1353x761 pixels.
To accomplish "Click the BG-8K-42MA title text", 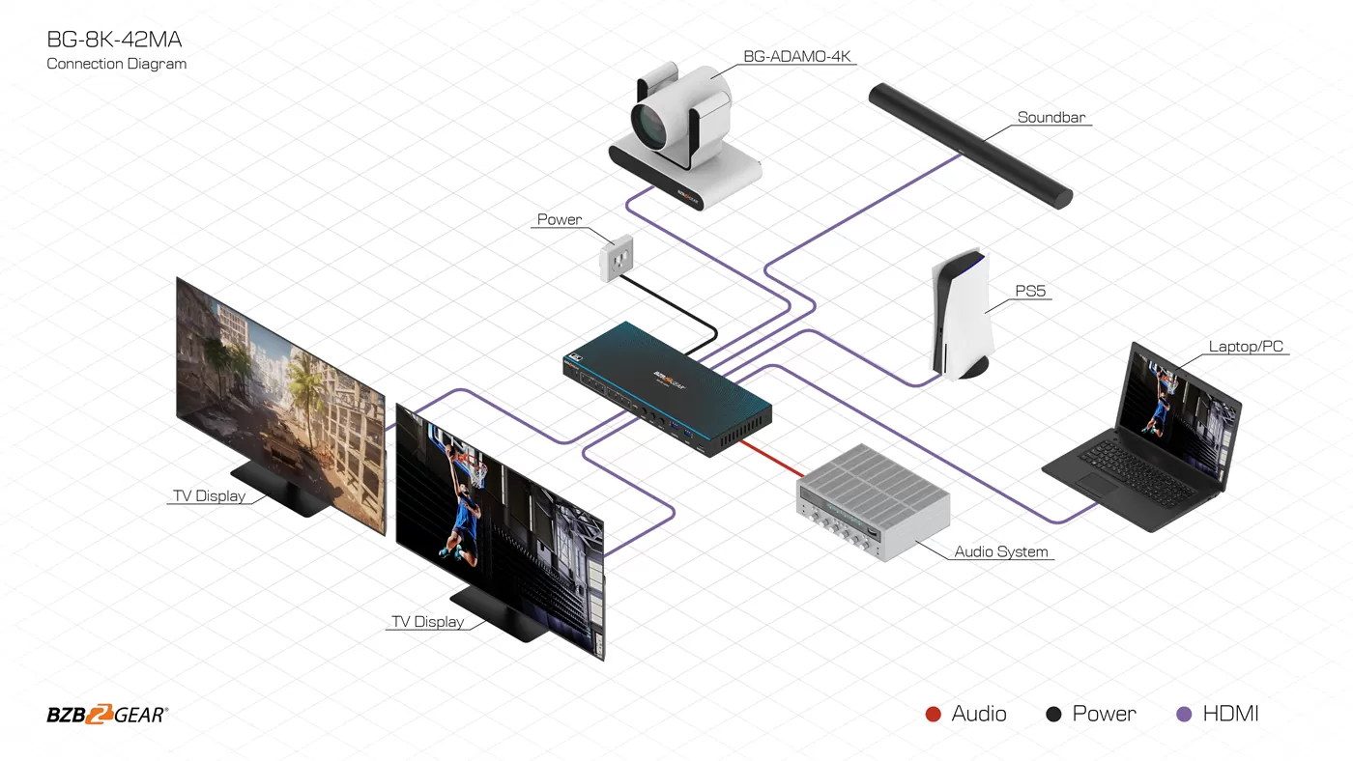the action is (114, 40).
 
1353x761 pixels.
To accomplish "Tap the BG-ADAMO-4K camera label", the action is (796, 56).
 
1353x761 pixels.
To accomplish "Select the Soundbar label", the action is (1051, 117).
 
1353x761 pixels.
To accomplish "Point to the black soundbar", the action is (970, 146).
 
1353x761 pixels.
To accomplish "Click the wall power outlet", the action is (617, 258).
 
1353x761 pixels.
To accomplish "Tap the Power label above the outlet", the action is (560, 219).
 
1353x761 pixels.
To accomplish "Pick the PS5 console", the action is (962, 315).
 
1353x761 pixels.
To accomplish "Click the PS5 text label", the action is (1030, 291).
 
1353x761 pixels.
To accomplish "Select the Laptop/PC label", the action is (1246, 347).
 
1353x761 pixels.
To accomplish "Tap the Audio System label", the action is (1001, 551).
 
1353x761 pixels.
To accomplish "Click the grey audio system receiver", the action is (873, 502).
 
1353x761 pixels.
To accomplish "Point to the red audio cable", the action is (772, 459).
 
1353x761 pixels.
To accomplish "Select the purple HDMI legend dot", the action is (1184, 714).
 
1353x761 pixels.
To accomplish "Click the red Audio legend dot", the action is (934, 714).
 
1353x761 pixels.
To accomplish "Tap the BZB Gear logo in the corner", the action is (107, 715).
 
